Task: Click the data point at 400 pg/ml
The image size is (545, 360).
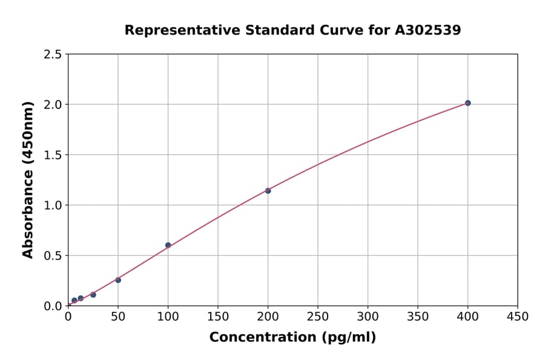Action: pyautogui.click(x=467, y=103)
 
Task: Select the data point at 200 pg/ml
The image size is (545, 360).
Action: pyautogui.click(x=268, y=191)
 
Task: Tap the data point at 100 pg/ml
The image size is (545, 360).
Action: pyautogui.click(x=168, y=245)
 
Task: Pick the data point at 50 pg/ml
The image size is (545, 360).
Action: pyautogui.click(x=118, y=280)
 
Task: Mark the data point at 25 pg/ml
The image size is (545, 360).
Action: pyautogui.click(x=93, y=295)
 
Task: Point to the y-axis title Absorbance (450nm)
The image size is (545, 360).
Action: pyautogui.click(x=28, y=179)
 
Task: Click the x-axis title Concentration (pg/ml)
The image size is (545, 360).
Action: pyautogui.click(x=292, y=338)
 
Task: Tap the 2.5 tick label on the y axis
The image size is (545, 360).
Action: pyautogui.click(x=53, y=55)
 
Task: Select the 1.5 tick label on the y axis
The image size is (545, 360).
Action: pyautogui.click(x=53, y=155)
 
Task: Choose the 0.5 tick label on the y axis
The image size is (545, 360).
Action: pyautogui.click(x=53, y=256)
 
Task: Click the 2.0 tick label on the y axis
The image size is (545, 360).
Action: pyautogui.click(x=53, y=105)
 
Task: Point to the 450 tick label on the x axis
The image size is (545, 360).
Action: pyautogui.click(x=518, y=317)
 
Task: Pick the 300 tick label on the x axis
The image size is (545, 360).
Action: pyautogui.click(x=368, y=317)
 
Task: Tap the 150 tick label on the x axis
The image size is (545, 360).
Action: pyautogui.click(x=218, y=317)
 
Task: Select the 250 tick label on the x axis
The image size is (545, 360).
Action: pyautogui.click(x=318, y=317)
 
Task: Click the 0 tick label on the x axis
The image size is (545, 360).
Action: pyautogui.click(x=68, y=317)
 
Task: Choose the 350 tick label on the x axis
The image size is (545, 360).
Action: pyautogui.click(x=418, y=317)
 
